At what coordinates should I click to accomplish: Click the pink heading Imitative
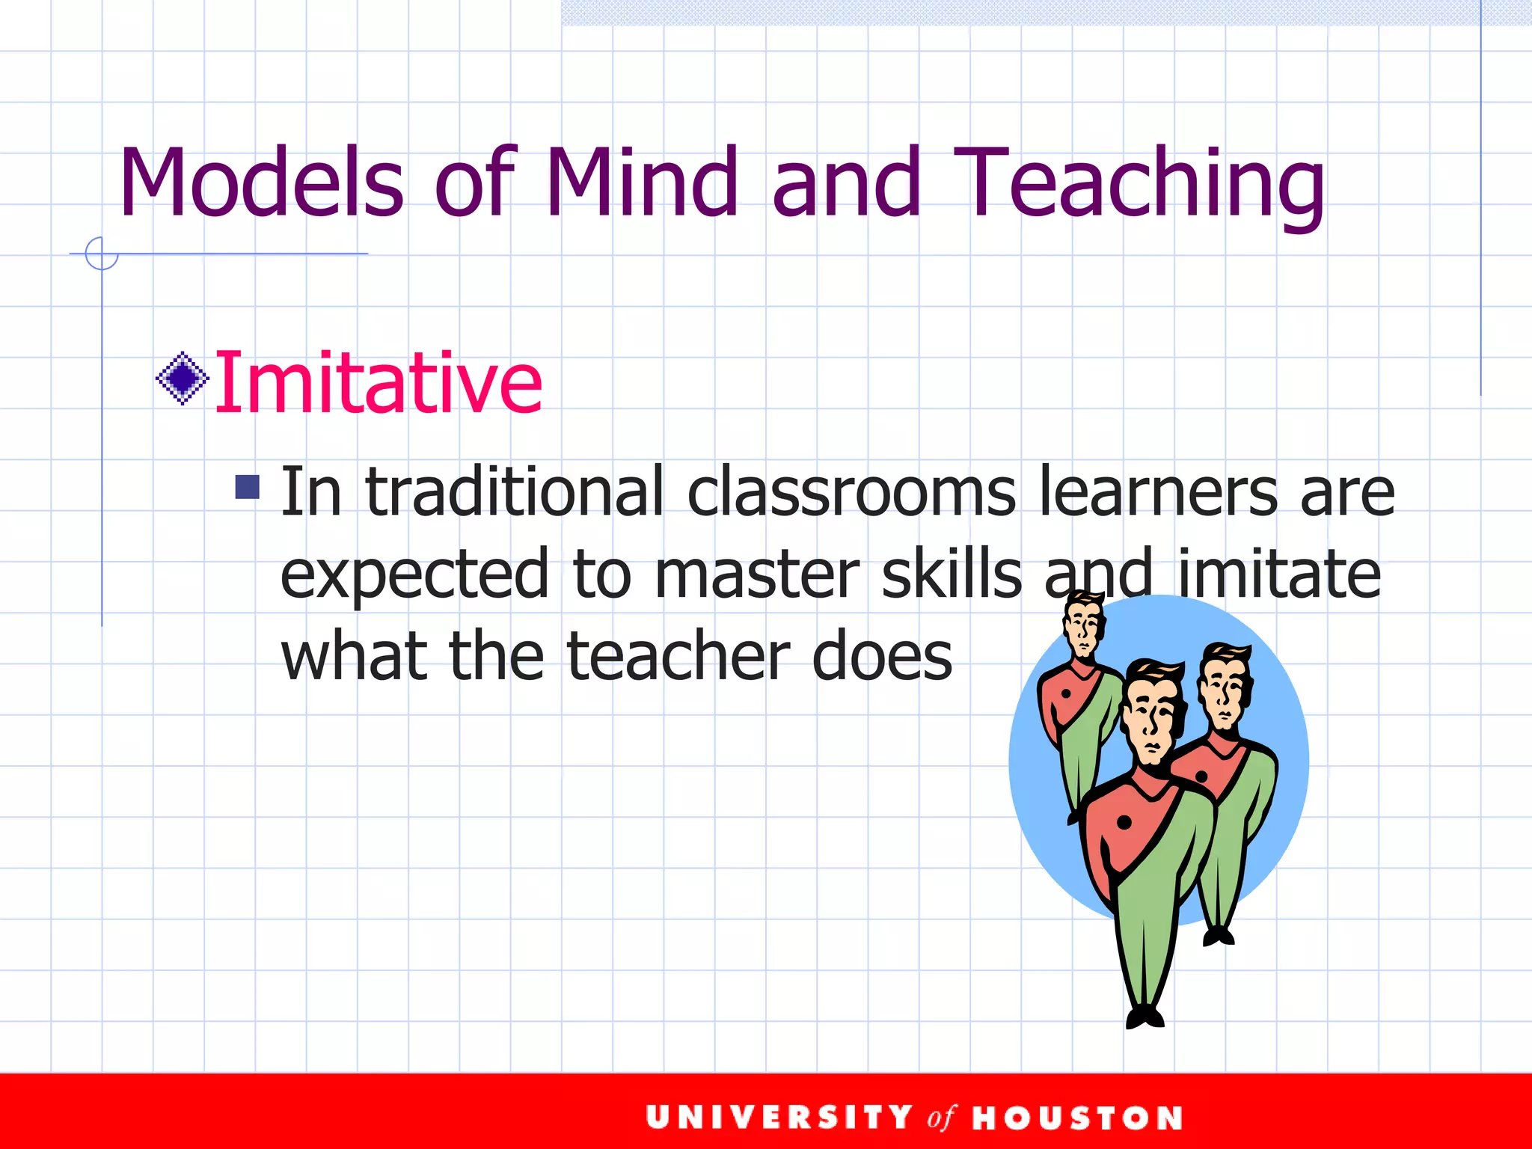[379, 383]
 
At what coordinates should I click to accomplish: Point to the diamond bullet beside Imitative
[182, 379]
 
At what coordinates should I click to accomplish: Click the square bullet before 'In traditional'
[247, 487]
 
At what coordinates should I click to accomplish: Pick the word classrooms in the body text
[851, 491]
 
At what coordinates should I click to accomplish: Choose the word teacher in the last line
[678, 656]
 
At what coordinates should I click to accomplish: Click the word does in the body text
[882, 656]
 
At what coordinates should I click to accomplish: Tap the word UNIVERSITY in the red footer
[779, 1118]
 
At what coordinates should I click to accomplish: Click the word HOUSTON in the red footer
[1077, 1118]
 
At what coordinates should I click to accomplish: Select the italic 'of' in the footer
[941, 1118]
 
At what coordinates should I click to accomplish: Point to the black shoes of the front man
[1145, 1017]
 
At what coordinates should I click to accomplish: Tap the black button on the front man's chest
[1124, 823]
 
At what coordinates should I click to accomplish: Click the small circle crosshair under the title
[102, 254]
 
